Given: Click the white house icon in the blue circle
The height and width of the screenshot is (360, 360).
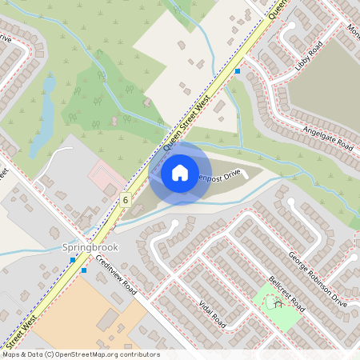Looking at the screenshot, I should coord(180,172).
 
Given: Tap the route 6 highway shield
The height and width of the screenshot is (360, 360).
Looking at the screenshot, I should coord(126,199).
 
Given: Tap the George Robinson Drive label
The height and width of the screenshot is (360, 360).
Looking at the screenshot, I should coord(318,281).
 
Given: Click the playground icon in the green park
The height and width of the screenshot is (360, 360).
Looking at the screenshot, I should coord(278,302).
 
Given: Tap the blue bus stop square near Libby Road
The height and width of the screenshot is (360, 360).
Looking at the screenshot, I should coord(238,71).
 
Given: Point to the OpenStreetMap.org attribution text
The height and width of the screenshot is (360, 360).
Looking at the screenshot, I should coord(103,354).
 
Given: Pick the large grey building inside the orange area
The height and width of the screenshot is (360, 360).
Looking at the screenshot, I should coord(107,320).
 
